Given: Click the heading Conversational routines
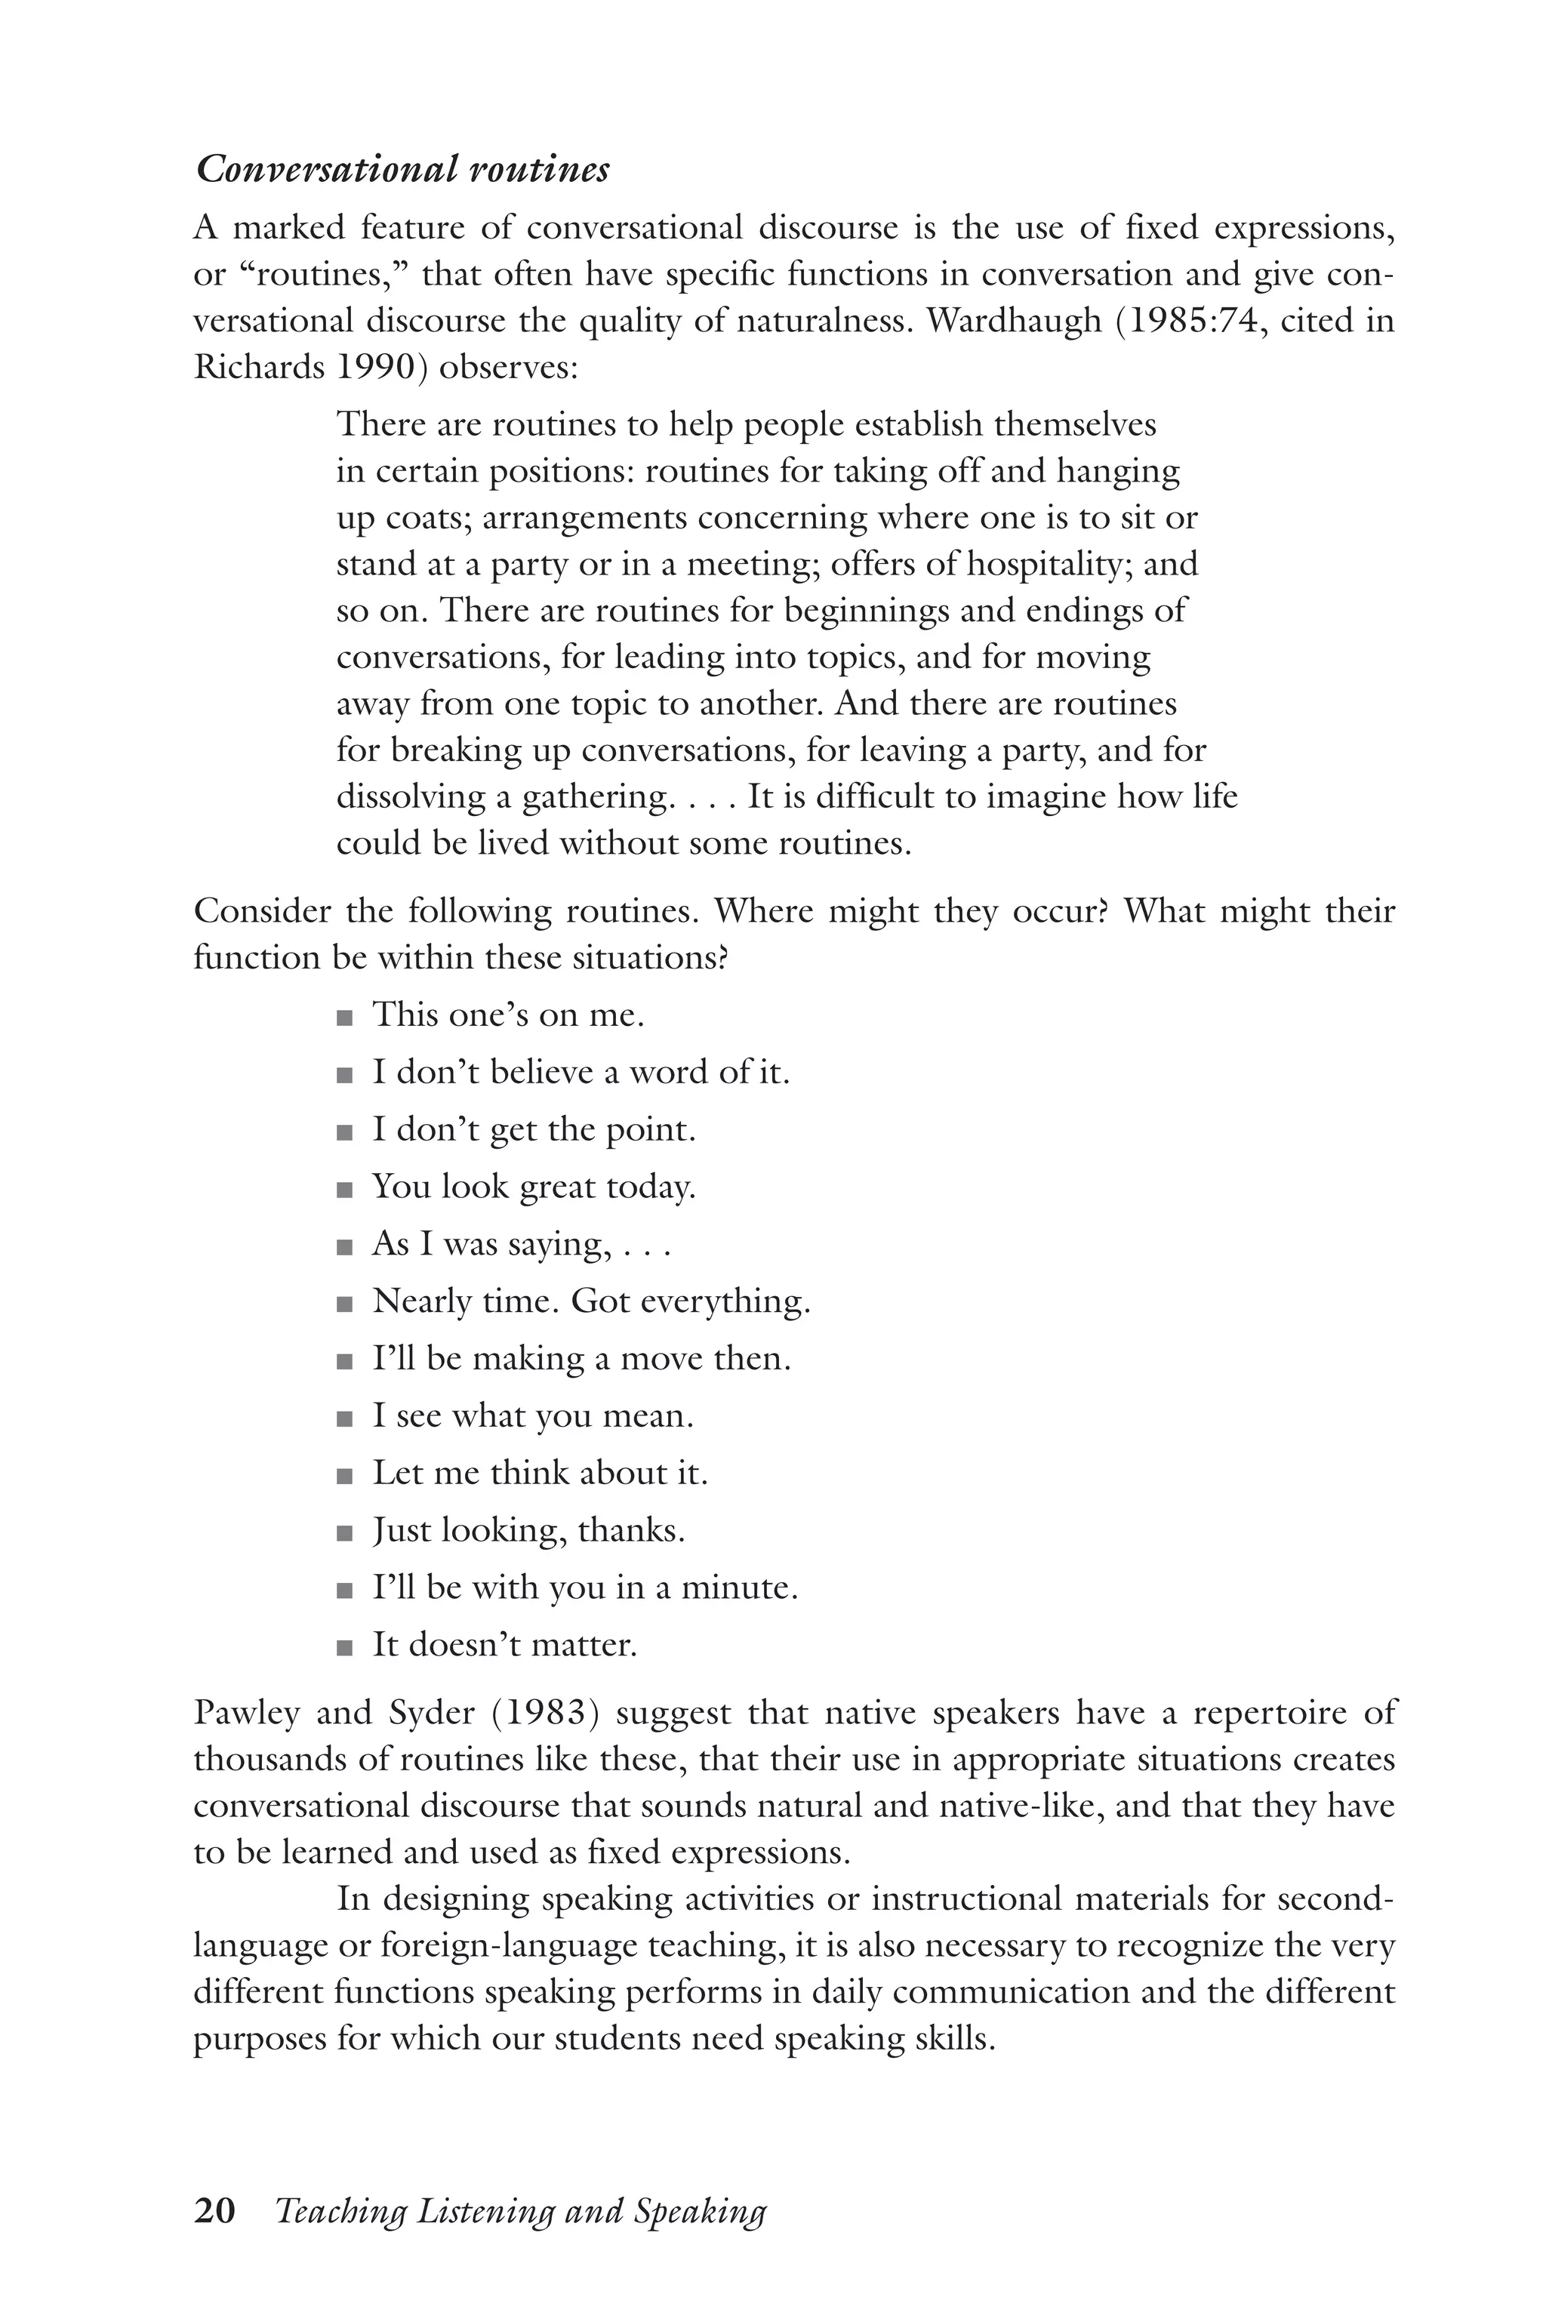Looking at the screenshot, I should tap(402, 170).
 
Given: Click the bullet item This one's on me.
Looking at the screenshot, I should tap(508, 1015).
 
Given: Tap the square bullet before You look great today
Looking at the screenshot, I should tap(344, 1190).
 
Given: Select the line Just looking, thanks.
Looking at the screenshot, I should tap(528, 1530).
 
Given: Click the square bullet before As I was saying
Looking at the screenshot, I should tap(344, 1247).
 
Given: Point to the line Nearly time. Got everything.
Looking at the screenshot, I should tap(590, 1301).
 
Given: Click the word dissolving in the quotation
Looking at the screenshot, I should tap(410, 796).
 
